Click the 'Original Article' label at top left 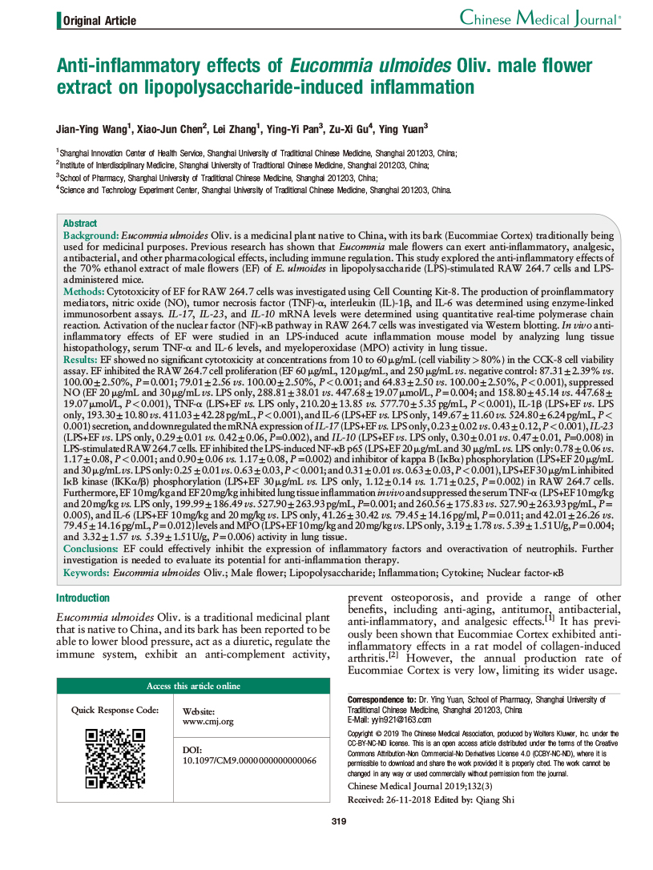tap(99, 21)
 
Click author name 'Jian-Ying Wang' tap(91, 127)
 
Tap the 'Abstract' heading tap(80, 224)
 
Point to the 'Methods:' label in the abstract tap(84, 293)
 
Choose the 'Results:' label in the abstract tap(82, 362)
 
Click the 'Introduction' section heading tap(83, 598)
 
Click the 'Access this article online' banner tap(193, 686)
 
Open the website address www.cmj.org tap(208, 722)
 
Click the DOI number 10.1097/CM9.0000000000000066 tap(250, 760)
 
